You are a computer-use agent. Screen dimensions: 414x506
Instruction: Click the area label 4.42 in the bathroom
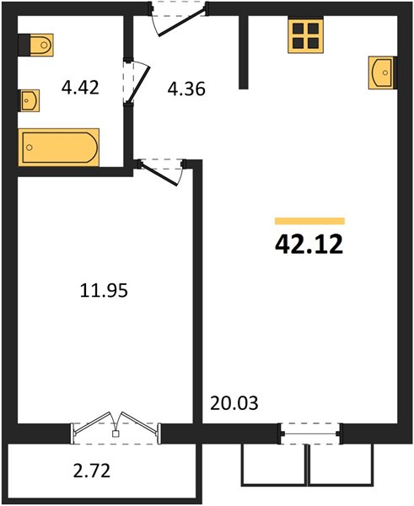click(x=80, y=88)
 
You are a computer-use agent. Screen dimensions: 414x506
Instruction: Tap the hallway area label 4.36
click(x=186, y=89)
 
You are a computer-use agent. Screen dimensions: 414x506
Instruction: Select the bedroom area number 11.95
click(x=104, y=290)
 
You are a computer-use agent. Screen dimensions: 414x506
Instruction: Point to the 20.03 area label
click(x=234, y=403)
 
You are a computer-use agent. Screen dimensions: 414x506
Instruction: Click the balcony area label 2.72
click(x=92, y=471)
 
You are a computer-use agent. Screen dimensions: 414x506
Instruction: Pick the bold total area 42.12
click(x=309, y=244)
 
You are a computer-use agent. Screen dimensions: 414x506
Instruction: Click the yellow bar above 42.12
click(x=309, y=221)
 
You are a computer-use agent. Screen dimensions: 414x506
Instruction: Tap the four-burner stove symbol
click(x=305, y=35)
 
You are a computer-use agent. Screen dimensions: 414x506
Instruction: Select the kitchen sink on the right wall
click(x=382, y=73)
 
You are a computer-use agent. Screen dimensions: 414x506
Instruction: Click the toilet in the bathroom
click(x=36, y=45)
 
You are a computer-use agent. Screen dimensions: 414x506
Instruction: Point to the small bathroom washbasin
click(x=29, y=100)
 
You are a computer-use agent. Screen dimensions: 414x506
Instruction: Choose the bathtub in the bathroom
click(x=59, y=148)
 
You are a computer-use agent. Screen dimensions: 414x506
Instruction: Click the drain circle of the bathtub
click(x=30, y=148)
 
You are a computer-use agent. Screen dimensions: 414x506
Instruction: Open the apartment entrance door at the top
click(x=178, y=19)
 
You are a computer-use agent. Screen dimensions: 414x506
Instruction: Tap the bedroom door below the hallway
click(x=160, y=172)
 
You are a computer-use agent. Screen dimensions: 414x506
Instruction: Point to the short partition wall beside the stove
click(x=244, y=51)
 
